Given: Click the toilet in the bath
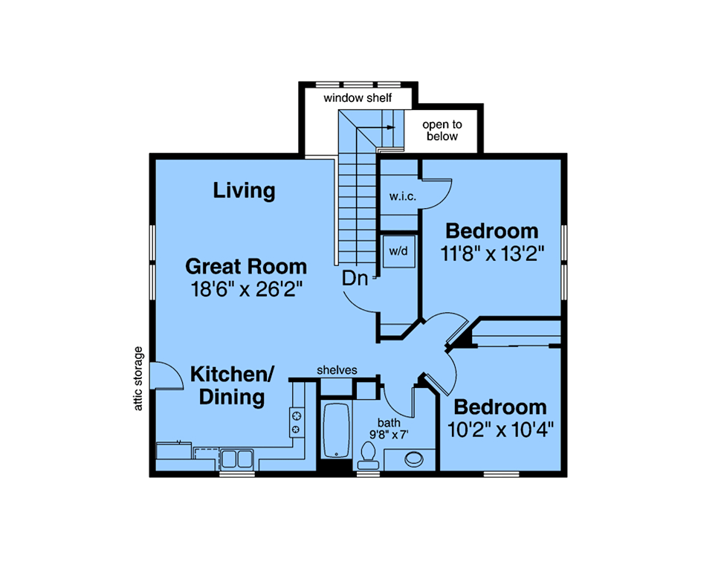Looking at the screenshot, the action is click(x=368, y=455).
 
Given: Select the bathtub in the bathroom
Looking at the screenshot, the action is click(x=336, y=430).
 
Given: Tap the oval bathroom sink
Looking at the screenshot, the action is click(x=414, y=459).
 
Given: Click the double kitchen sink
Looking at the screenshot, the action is click(x=237, y=459).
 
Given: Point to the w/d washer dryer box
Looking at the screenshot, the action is click(x=398, y=251).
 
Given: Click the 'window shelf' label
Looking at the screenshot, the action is click(x=358, y=98).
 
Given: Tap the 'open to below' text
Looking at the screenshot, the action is click(x=442, y=131).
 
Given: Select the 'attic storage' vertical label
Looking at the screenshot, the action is click(x=138, y=378).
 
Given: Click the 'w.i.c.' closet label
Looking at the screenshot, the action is click(x=403, y=197).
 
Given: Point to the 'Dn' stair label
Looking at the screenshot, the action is click(x=355, y=279).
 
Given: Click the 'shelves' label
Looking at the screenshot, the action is click(x=337, y=370).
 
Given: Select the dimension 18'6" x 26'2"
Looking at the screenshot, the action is click(x=247, y=289).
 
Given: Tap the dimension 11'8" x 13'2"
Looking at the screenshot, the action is click(x=493, y=253).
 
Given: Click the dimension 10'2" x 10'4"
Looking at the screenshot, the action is click(x=500, y=430).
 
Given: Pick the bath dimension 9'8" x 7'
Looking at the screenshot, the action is click(x=389, y=434).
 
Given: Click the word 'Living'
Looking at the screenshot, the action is click(x=244, y=191).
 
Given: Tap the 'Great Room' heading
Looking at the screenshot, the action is click(x=246, y=267).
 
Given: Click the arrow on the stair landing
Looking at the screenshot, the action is click(x=375, y=127).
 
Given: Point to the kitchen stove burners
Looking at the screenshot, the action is click(x=297, y=423).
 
